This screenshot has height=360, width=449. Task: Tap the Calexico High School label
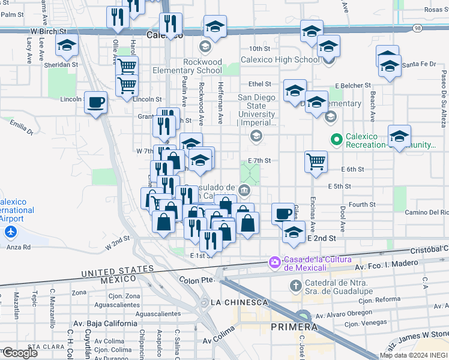pyautogui.click(x=280, y=60)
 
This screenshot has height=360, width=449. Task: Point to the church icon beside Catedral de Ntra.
pyautogui.click(x=295, y=285)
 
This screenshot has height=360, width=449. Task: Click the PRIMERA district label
pyautogui.click(x=294, y=327)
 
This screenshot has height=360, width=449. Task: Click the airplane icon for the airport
pyautogui.click(x=10, y=232)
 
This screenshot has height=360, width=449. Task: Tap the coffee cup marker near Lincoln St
pyautogui.click(x=95, y=103)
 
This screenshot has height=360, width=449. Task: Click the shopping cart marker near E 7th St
pyautogui.click(x=316, y=161)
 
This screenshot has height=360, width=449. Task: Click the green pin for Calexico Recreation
pyautogui.click(x=337, y=140)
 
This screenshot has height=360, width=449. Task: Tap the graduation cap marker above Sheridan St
pyautogui.click(x=67, y=44)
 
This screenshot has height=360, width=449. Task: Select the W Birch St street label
pyautogui.click(x=49, y=30)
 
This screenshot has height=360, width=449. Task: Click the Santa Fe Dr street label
pyautogui.click(x=418, y=64)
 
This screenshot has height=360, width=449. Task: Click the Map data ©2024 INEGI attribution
pyautogui.click(x=414, y=355)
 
